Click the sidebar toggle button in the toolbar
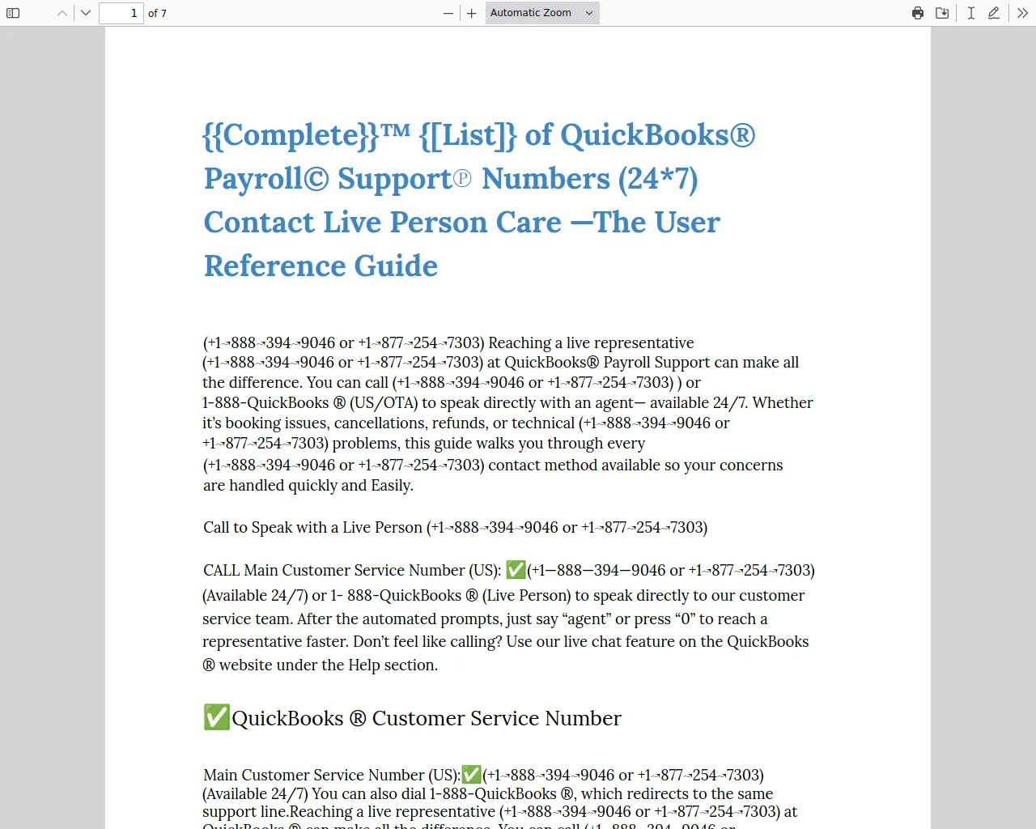(x=13, y=13)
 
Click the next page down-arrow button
(x=86, y=13)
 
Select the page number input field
(x=121, y=13)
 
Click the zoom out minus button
(x=448, y=13)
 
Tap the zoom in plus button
(x=472, y=13)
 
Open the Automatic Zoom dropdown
(x=542, y=13)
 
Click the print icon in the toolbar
(x=918, y=13)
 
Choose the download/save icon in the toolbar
(x=942, y=13)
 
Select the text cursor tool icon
(x=970, y=13)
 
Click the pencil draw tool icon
(x=994, y=13)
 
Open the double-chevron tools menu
(x=1023, y=13)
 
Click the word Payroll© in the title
(x=266, y=179)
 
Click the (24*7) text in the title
(x=657, y=179)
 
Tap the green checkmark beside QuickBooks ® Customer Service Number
(x=216, y=717)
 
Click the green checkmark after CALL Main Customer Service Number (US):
(x=516, y=570)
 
